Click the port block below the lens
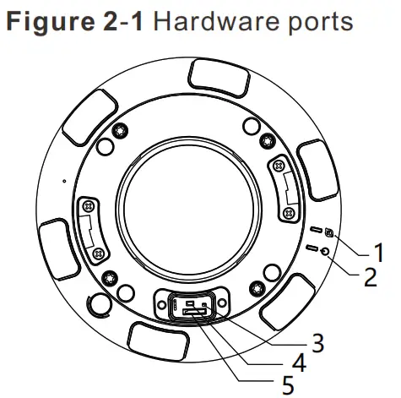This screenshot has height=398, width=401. pyautogui.click(x=193, y=306)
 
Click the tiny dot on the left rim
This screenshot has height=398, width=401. pyautogui.click(x=63, y=180)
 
